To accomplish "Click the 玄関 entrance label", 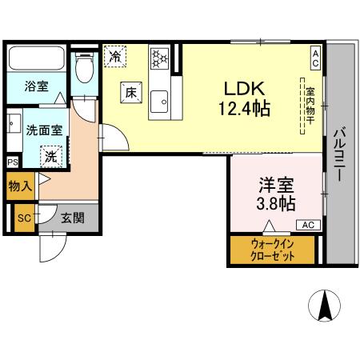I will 72,216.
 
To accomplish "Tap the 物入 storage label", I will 20,187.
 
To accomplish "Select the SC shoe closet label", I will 24,217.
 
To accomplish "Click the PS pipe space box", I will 12,162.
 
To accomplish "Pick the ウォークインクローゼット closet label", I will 272,250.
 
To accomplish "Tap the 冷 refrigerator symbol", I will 116,57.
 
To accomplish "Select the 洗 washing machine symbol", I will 50,155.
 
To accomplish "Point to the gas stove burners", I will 160,57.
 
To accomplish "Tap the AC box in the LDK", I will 315,57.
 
